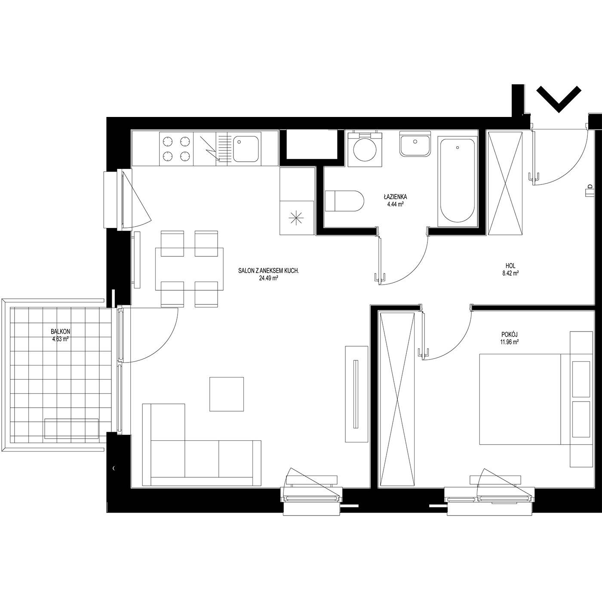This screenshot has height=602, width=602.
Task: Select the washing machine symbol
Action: pyautogui.click(x=365, y=149)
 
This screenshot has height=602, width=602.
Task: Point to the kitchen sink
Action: pyautogui.click(x=246, y=149)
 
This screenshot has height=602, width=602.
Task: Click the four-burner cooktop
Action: pyautogui.click(x=176, y=149)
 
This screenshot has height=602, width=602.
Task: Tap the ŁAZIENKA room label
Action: pyautogui.click(x=395, y=197)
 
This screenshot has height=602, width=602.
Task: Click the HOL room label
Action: pyautogui.click(x=510, y=266)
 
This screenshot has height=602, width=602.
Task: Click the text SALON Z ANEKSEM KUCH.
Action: pyautogui.click(x=269, y=271)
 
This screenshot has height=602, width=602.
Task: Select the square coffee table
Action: pyautogui.click(x=227, y=394)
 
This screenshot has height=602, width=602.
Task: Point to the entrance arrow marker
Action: pyautogui.click(x=559, y=99)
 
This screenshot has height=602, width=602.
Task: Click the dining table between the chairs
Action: pyautogui.click(x=189, y=269)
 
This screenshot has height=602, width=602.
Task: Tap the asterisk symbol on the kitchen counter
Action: pyautogui.click(x=296, y=218)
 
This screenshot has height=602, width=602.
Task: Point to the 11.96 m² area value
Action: pyautogui.click(x=510, y=342)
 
